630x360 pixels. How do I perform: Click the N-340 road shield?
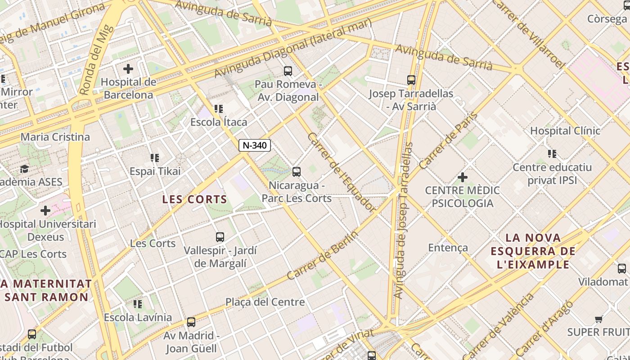point(255,145)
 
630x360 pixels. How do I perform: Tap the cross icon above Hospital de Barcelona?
point(128,69)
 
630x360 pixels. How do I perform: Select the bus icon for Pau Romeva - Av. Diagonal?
point(288,71)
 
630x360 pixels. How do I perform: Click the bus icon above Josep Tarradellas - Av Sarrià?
point(411,80)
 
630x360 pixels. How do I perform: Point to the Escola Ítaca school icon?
point(219,109)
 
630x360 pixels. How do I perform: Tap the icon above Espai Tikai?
point(155,158)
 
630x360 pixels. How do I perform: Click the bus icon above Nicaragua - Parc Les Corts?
point(296,171)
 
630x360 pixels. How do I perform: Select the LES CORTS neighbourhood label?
point(195,199)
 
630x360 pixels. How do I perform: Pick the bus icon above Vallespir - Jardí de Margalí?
point(220,237)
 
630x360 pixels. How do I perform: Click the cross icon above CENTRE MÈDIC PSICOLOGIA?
point(462,177)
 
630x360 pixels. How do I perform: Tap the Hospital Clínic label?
point(565,131)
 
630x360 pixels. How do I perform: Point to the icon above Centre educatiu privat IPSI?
point(552,154)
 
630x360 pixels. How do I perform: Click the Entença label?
point(448,247)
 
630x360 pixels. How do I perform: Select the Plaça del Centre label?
point(265,302)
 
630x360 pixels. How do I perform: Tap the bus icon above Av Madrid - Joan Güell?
point(191,322)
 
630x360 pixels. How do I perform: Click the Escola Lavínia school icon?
point(138,304)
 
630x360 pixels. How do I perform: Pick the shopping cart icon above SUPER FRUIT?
point(598,319)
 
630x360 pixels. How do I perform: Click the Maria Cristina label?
point(55,137)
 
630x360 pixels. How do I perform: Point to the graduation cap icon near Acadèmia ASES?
point(24,169)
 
